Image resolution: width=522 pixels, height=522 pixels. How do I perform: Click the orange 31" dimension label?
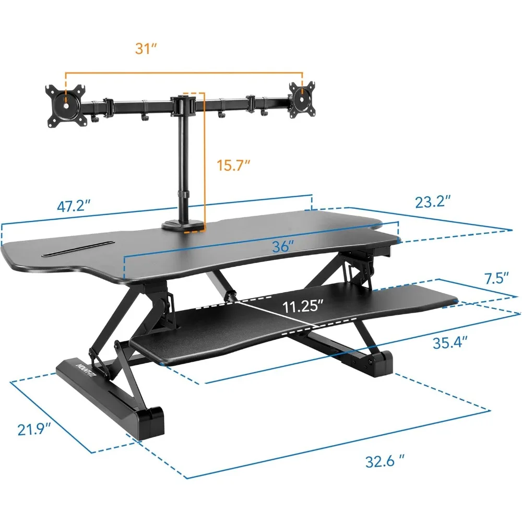point(146,49)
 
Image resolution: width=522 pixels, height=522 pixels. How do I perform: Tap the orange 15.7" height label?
point(233,165)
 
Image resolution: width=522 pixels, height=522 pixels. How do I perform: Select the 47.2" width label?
point(74,206)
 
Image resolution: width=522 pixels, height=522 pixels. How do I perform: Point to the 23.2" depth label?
point(433,202)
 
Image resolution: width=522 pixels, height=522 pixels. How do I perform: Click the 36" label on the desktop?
point(283,247)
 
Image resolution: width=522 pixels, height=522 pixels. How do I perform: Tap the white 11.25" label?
point(303,306)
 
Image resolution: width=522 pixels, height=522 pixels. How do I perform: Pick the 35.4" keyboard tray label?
point(450,342)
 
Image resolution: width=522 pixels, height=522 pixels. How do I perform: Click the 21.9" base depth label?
point(34,430)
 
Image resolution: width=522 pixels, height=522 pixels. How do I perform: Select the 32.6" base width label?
point(385,461)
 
